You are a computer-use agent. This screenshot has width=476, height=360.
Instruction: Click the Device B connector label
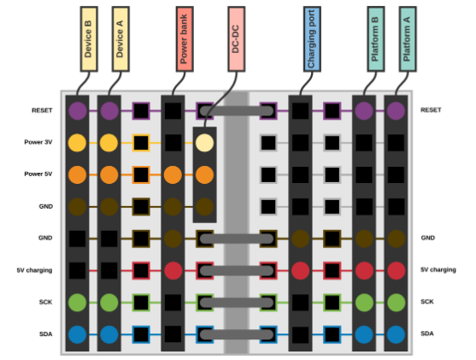[89, 39]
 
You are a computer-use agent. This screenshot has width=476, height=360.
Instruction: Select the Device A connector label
[120, 39]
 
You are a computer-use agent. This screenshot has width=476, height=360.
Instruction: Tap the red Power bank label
[185, 39]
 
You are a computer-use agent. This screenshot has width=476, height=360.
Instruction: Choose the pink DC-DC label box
[237, 39]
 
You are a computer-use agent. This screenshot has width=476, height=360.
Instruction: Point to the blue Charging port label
[312, 39]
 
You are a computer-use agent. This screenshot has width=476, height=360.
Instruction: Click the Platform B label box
[376, 39]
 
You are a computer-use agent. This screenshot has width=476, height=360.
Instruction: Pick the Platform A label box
[408, 39]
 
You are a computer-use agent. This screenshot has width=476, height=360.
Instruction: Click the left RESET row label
[42, 110]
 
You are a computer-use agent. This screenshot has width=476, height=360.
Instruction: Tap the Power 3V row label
[38, 142]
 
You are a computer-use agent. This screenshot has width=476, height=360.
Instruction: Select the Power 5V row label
[38, 174]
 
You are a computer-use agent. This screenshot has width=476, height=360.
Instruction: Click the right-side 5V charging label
[438, 269]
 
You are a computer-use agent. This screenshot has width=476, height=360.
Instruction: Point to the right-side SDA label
[427, 333]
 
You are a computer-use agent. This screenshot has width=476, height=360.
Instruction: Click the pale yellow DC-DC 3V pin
[204, 143]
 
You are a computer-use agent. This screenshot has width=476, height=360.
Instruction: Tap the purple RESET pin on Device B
[78, 111]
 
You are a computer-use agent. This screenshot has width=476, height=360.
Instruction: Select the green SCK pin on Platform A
[397, 303]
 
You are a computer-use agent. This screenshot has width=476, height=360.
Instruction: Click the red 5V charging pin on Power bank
[173, 270]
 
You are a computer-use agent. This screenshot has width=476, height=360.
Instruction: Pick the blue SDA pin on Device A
[109, 334]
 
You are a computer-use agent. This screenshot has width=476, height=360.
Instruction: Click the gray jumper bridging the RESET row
[237, 111]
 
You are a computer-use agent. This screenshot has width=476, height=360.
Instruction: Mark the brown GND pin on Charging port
[301, 239]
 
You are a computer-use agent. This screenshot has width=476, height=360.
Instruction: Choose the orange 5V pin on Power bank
[173, 175]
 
